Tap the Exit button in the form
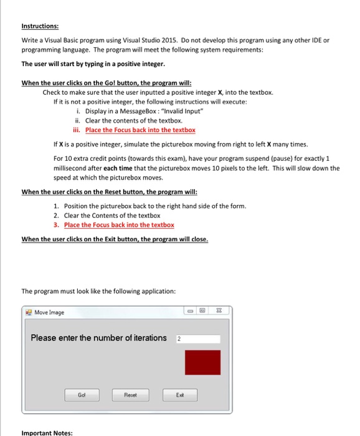click(x=179, y=394)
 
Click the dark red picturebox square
click(x=202, y=363)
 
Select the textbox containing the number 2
click(x=197, y=339)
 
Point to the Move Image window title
click(x=49, y=312)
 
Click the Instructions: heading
click(x=40, y=26)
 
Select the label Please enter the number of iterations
click(x=99, y=338)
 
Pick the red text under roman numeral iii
click(x=140, y=130)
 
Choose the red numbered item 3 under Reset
click(x=119, y=225)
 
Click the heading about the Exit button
click(x=115, y=239)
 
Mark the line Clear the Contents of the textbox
click(x=107, y=216)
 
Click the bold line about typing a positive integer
click(x=93, y=64)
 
